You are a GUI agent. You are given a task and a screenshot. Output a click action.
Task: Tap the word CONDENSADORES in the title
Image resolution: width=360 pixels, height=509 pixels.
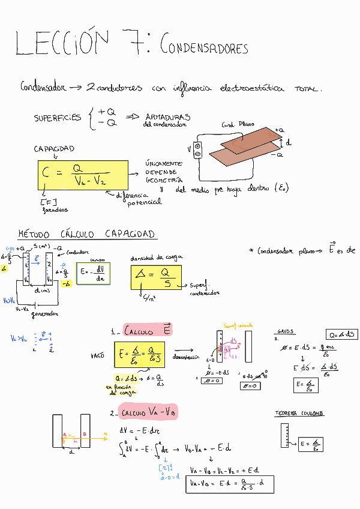(204, 47)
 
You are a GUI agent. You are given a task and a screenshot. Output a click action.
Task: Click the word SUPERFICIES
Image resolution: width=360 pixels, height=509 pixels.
(58, 118)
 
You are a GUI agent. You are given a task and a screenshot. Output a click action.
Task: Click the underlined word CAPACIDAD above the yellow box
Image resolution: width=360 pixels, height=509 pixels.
(54, 148)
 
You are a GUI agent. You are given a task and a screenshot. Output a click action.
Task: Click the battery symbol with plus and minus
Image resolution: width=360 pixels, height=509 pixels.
(197, 150)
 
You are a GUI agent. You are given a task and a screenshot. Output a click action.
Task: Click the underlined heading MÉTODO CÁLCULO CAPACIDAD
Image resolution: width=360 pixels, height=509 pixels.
(86, 233)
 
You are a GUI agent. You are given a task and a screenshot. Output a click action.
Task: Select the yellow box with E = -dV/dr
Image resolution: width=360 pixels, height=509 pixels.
(93, 274)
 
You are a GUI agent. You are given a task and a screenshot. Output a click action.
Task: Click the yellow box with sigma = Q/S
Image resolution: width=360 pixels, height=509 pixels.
(156, 277)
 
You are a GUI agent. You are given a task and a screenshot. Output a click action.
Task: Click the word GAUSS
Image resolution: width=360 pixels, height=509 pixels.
(285, 331)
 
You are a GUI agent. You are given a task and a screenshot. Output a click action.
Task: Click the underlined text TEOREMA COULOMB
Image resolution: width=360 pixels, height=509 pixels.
(299, 414)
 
